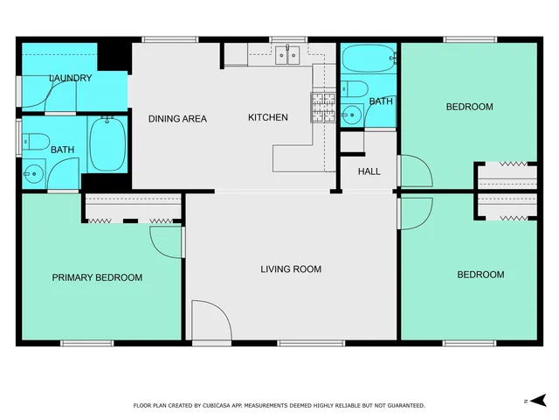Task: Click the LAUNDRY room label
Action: pyautogui.click(x=70, y=78)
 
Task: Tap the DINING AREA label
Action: pyautogui.click(x=177, y=118)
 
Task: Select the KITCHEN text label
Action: pyautogui.click(x=267, y=117)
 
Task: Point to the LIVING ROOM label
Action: pyautogui.click(x=291, y=269)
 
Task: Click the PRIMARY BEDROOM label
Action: pyautogui.click(x=97, y=277)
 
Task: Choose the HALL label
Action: pyautogui.click(x=369, y=171)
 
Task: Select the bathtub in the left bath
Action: pyautogui.click(x=107, y=144)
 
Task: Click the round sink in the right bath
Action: pyautogui.click(x=352, y=114)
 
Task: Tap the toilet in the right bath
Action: pyautogui.click(x=355, y=87)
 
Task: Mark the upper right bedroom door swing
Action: pyautogui.click(x=414, y=171)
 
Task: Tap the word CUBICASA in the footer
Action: pyautogui.click(x=221, y=405)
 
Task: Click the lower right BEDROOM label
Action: pyautogui.click(x=480, y=275)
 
